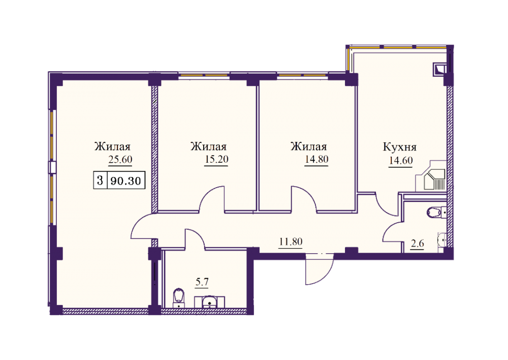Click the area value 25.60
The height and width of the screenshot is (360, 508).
click(120, 160)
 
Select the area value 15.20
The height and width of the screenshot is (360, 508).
click(216, 159)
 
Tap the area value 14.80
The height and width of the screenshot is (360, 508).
click(316, 159)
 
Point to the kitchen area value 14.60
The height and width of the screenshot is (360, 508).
click(401, 161)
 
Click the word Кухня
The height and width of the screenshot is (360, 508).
click(400, 147)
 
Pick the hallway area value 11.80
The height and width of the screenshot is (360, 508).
click(291, 242)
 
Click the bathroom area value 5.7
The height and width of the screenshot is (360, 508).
click(202, 282)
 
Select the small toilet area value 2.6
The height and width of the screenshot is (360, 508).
click(417, 243)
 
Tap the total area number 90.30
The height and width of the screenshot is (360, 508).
click(125, 181)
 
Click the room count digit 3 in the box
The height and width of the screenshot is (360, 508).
click(100, 180)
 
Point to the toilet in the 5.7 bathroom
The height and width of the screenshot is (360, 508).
click(179, 297)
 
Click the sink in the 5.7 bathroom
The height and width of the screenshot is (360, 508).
click(210, 302)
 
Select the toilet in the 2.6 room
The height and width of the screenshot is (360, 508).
click(436, 213)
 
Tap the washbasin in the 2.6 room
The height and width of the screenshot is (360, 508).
click(442, 241)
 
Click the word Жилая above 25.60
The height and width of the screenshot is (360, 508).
click(112, 146)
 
